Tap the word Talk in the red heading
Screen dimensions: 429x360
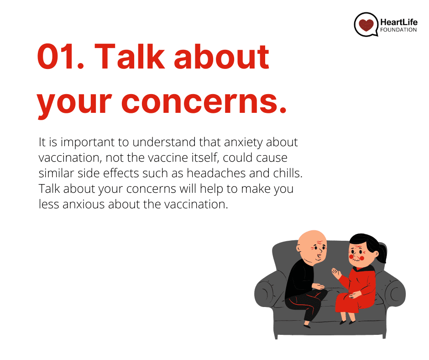click(x=130, y=57)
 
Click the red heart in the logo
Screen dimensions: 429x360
click(x=366, y=25)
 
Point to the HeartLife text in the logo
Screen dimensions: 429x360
click(x=399, y=22)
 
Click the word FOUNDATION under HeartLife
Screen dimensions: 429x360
click(x=398, y=30)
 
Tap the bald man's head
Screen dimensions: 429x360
click(x=312, y=245)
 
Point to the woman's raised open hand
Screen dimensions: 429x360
click(x=336, y=273)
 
